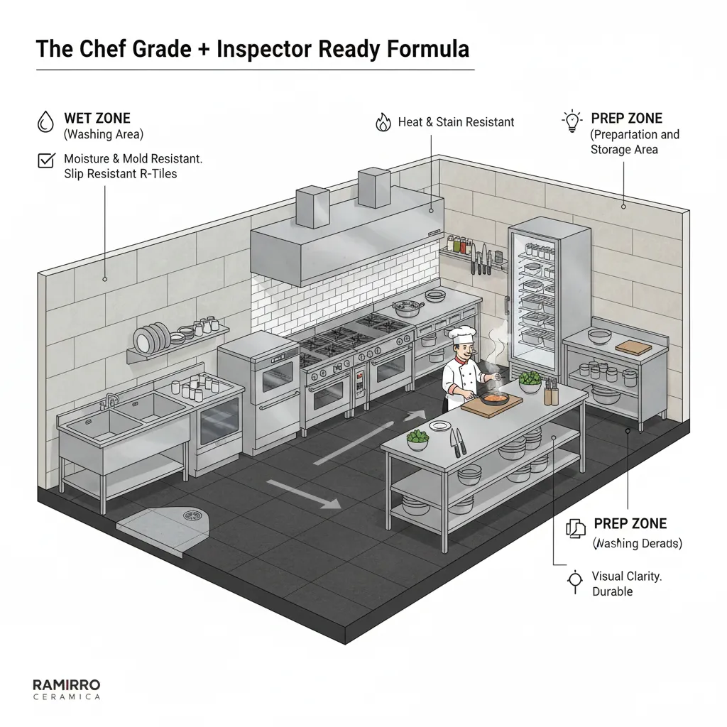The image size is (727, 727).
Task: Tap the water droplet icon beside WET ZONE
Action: click(x=45, y=123)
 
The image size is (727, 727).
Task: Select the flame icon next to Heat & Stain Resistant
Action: click(x=383, y=122)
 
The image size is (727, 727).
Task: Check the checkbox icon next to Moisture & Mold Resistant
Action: click(x=45, y=161)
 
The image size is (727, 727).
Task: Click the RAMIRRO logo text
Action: click(x=67, y=684)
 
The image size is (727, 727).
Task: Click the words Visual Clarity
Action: click(x=627, y=576)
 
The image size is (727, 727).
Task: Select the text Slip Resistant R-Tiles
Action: click(x=121, y=174)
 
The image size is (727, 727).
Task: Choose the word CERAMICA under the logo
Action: click(x=67, y=697)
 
